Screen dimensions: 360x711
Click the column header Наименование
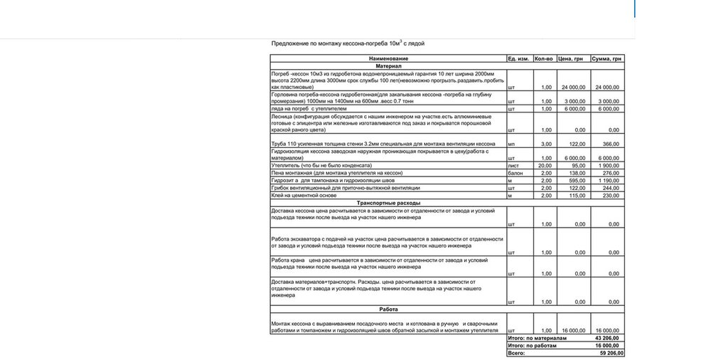point(387,57)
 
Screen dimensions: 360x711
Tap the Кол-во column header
point(544,57)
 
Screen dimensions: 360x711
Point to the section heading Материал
point(388,65)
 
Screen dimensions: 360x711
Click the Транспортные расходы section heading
point(388,203)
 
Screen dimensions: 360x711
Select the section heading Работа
point(388,309)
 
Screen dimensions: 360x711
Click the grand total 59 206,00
point(609,353)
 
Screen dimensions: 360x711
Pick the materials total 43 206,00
point(609,339)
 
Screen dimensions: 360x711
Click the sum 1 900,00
point(609,165)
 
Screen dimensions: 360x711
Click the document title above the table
point(348,43)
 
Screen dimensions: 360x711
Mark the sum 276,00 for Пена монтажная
point(611,172)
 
